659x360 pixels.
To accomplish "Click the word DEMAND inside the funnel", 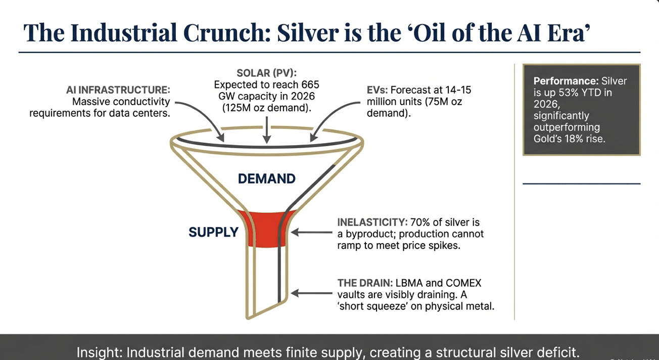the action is [266, 178].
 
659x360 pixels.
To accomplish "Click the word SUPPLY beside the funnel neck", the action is [214, 232].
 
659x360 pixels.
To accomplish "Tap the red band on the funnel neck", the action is [266, 229].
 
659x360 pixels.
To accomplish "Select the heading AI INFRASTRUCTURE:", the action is [118, 90].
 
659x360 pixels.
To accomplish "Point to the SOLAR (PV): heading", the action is [266, 73].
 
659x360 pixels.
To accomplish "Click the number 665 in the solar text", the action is [310, 85].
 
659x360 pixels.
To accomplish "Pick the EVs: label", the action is [377, 90].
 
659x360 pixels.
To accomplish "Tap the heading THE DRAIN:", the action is [365, 283].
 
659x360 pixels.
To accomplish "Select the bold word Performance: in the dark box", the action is [566, 81].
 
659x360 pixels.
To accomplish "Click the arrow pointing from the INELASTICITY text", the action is [312, 232].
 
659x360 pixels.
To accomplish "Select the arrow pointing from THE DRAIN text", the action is [312, 293].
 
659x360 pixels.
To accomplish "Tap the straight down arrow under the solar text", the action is [266, 130].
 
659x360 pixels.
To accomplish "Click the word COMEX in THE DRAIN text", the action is [463, 283].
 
